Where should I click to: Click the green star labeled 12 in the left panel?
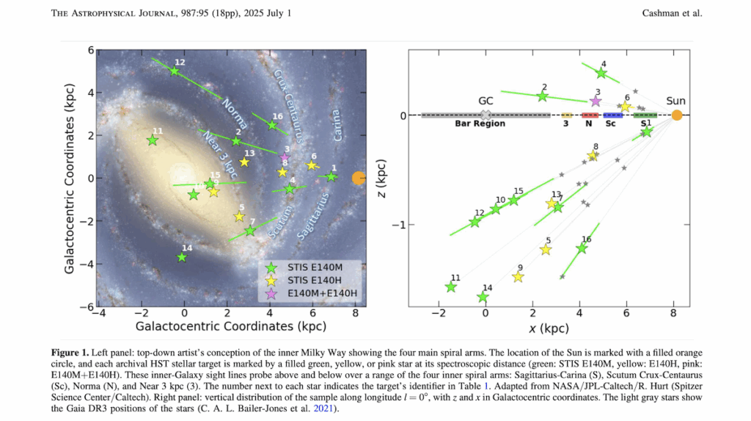pyautogui.click(x=174, y=71)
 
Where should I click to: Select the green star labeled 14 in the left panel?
pyautogui.click(x=182, y=257)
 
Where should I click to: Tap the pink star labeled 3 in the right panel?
pyautogui.click(x=596, y=101)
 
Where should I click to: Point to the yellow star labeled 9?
pyautogui.click(x=518, y=277)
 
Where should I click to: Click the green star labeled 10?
pyautogui.click(x=496, y=209)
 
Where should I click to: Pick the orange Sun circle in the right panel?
pyautogui.click(x=677, y=115)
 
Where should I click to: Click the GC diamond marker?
pyautogui.click(x=485, y=115)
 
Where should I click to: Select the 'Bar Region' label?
pyautogui.click(x=480, y=124)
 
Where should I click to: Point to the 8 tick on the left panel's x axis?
pyautogui.click(x=355, y=313)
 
